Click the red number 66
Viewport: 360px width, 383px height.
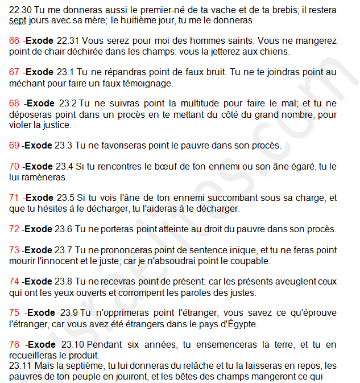coord(15,41)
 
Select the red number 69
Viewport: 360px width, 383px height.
coord(15,145)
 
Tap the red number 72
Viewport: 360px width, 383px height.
coord(15,229)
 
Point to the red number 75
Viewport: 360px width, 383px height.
coord(15,312)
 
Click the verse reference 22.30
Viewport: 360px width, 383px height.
coord(20,10)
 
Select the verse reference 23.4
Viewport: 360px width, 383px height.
coord(64,166)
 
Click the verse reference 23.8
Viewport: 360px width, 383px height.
coord(64,281)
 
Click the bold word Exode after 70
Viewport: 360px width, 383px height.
coord(39,166)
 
